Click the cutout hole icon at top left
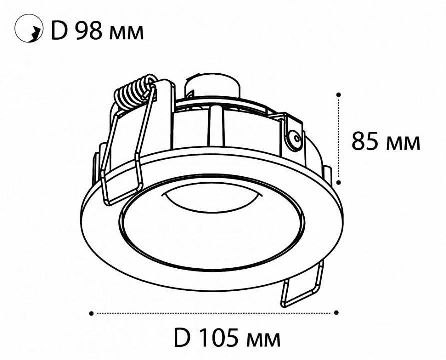pyautogui.click(x=28, y=30)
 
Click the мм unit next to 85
pyautogui.click(x=403, y=144)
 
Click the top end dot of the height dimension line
pyautogui.click(x=339, y=94)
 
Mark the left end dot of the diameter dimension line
pyautogui.click(x=91, y=313)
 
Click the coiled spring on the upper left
pyautogui.click(x=133, y=92)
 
